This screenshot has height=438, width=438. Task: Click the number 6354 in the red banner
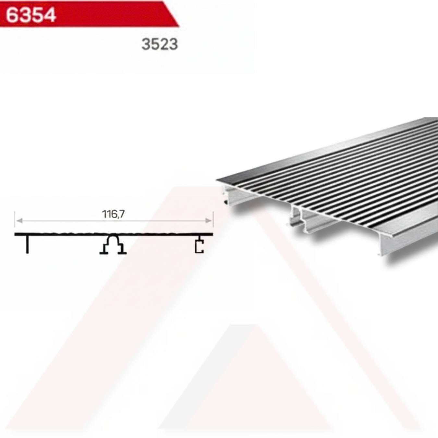(31, 15)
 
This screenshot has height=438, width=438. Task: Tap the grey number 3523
(160, 44)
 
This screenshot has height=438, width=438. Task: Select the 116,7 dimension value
(113, 214)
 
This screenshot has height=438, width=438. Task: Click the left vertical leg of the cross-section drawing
(27, 244)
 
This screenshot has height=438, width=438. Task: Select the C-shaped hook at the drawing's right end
(199, 246)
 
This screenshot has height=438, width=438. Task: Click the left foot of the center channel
(104, 252)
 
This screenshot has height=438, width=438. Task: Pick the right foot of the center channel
(122, 252)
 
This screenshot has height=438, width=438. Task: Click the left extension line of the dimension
(15, 219)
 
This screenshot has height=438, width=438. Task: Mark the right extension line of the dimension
(213, 219)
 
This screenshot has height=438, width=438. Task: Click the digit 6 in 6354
(12, 15)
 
